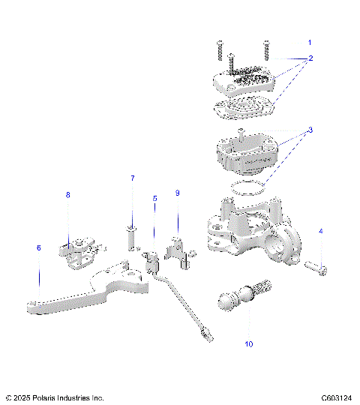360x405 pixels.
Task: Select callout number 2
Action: pyautogui.click(x=310, y=58)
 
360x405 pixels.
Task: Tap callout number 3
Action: pyautogui.click(x=310, y=130)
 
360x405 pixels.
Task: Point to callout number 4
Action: pyautogui.click(x=321, y=232)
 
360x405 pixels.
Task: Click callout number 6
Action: pyautogui.click(x=38, y=247)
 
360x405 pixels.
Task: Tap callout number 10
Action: pyautogui.click(x=248, y=344)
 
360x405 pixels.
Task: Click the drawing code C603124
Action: pyautogui.click(x=337, y=397)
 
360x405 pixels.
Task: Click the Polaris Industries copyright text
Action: pyautogui.click(x=54, y=397)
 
